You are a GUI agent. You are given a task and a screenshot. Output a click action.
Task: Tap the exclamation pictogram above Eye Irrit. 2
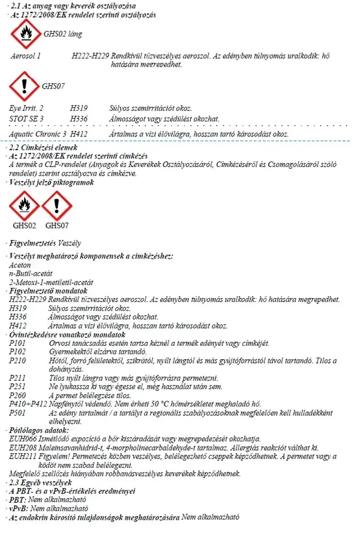[x=25, y=86]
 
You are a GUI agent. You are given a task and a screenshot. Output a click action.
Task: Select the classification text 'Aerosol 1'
[x=26, y=56]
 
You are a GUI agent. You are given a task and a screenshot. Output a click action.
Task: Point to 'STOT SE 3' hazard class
[x=27, y=118]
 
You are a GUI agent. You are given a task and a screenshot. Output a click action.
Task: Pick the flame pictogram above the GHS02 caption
[x=24, y=205]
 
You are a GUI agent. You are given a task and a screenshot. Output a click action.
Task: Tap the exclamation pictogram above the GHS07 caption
[x=56, y=205]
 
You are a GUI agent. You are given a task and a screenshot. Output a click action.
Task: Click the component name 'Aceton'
[x=20, y=265]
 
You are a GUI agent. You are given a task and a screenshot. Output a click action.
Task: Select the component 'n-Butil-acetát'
[x=31, y=273]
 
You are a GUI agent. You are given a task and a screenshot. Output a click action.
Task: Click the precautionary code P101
[x=18, y=343]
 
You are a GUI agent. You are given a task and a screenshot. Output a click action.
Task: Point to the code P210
[x=18, y=360]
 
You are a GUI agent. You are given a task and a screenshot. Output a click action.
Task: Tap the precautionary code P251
[x=18, y=387]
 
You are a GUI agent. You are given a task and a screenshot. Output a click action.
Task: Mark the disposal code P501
[x=18, y=412]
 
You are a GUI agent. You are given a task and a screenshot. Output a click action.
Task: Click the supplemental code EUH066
[x=24, y=439]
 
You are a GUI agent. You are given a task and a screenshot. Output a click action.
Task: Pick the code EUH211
[x=24, y=456]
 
